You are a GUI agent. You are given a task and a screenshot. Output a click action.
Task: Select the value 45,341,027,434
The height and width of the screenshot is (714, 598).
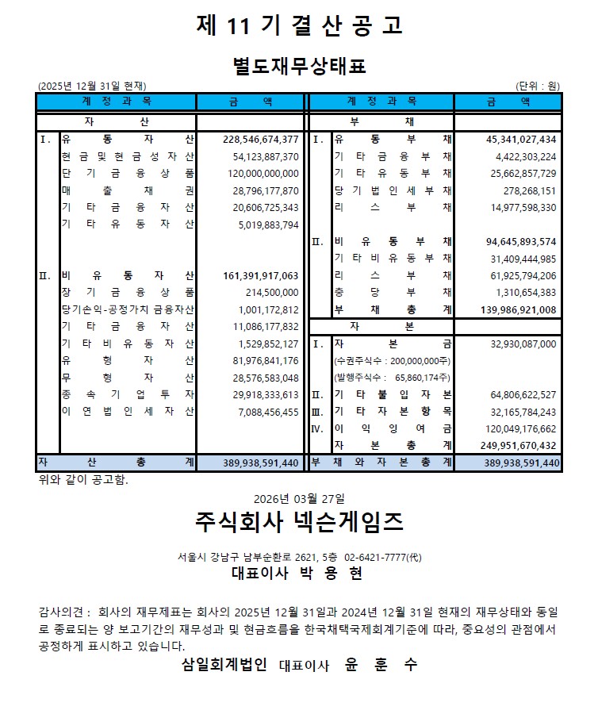pos(521,140)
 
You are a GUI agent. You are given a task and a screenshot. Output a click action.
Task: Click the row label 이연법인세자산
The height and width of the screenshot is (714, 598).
pos(127,412)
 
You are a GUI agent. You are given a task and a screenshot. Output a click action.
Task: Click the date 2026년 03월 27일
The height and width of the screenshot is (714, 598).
pos(299,499)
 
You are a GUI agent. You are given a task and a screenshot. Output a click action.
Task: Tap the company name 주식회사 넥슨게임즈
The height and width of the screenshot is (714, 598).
pos(299,523)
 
